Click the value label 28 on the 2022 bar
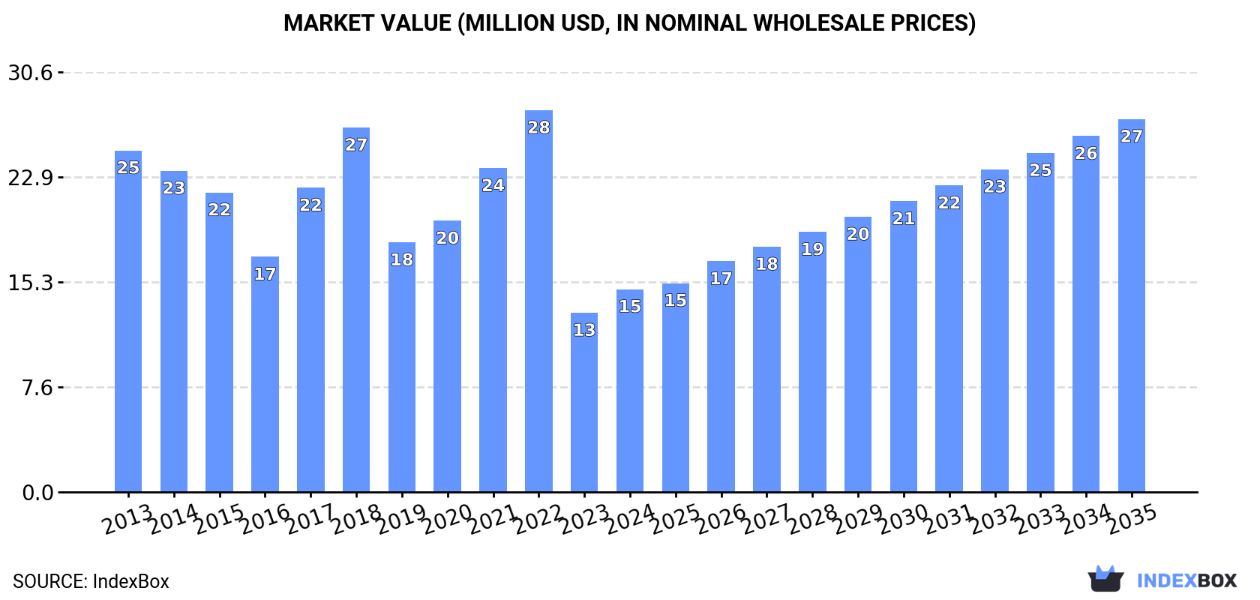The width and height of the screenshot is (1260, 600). tap(538, 127)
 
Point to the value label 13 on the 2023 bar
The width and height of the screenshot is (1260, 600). tap(584, 330)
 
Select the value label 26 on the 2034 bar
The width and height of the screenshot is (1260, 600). tap(1086, 154)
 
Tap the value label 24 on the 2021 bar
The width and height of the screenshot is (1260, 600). tap(493, 185)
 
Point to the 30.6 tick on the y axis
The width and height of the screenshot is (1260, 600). tap(31, 73)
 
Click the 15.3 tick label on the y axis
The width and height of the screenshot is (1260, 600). tap(31, 283)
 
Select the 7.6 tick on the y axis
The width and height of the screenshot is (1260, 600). tap(37, 388)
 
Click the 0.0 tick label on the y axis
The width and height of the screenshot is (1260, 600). tap(37, 493)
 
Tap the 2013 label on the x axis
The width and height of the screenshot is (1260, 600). tap(128, 519)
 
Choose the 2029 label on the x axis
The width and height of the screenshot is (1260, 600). tap(858, 519)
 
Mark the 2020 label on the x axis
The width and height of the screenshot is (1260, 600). tap(448, 519)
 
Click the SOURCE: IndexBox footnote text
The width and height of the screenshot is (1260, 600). tap(91, 581)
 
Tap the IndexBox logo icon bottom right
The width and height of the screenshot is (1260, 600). tap(1105, 579)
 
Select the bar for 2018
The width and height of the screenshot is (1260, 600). tap(356, 315)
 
